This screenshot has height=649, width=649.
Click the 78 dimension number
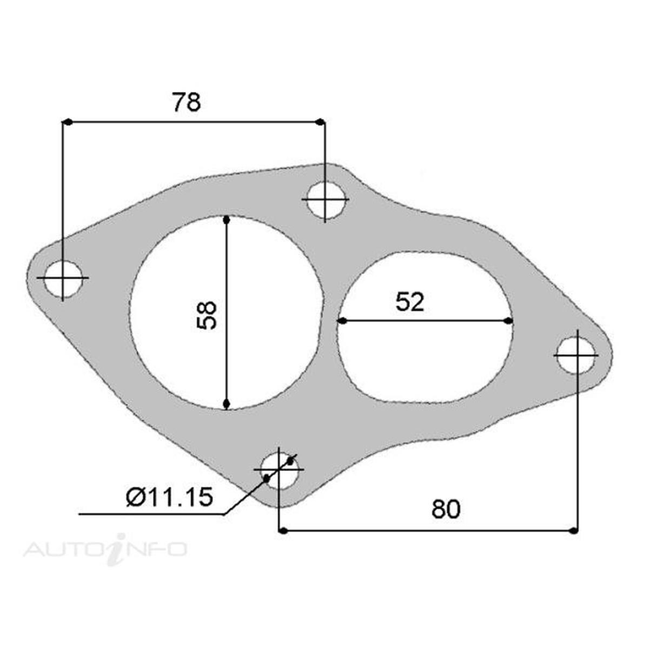click(186, 102)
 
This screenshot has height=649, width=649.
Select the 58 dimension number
click(207, 315)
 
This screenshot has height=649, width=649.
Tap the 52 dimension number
click(410, 302)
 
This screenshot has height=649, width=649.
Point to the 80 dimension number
click(446, 509)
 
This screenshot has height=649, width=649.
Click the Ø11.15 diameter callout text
click(169, 496)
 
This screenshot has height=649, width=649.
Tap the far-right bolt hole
click(577, 355)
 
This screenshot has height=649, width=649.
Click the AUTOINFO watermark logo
click(105, 549)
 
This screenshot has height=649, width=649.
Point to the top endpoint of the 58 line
click(227, 220)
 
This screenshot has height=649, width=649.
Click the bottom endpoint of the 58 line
click(227, 404)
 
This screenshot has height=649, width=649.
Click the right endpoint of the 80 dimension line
click(574, 531)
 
